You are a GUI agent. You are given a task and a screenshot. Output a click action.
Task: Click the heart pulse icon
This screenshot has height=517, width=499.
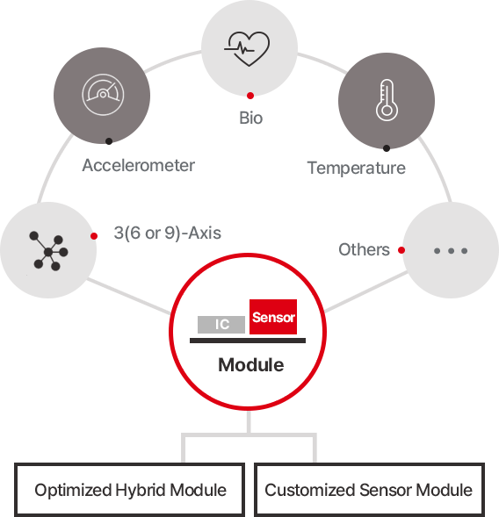pyautogui.click(x=247, y=49)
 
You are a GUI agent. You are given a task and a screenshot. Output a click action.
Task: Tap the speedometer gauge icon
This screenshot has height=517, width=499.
pyautogui.click(x=103, y=95)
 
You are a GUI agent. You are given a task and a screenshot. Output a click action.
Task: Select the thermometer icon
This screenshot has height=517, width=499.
pyautogui.click(x=387, y=100)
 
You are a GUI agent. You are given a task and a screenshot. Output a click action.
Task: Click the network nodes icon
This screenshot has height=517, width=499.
pyautogui.click(x=48, y=251)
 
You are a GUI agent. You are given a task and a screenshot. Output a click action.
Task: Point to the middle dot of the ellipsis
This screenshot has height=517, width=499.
pyautogui.click(x=451, y=251)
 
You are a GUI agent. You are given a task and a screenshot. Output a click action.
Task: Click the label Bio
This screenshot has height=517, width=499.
pyautogui.click(x=251, y=118)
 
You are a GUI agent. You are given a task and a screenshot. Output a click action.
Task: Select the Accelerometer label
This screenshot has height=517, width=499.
pyautogui.click(x=138, y=165)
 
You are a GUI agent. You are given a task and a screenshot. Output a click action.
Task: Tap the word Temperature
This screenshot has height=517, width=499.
pyautogui.click(x=357, y=168)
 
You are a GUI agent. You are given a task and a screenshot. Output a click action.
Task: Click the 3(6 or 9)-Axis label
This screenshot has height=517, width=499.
pyautogui.click(x=167, y=233)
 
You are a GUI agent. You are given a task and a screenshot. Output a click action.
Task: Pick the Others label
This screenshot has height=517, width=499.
pyautogui.click(x=364, y=249)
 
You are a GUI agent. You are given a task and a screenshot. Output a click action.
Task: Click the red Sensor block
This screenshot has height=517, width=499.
pyautogui.click(x=273, y=317)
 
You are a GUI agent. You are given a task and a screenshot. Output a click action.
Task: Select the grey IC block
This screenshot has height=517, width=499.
pyautogui.click(x=221, y=325)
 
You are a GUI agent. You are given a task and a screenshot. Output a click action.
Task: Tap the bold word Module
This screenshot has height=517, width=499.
pyautogui.click(x=251, y=365)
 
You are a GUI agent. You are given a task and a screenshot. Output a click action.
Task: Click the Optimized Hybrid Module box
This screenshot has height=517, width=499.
pyautogui.click(x=130, y=490)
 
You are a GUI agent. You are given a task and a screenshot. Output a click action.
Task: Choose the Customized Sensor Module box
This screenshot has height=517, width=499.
pyautogui.click(x=369, y=490)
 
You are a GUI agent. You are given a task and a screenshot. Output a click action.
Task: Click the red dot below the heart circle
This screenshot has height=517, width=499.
pyautogui.click(x=250, y=96)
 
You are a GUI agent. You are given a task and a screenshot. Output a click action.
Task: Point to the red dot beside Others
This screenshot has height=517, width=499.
pyautogui.click(x=401, y=250)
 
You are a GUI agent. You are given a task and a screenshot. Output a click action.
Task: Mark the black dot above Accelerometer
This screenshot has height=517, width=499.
pyautogui.click(x=109, y=141)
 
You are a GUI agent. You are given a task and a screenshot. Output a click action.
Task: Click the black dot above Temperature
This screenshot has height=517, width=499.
pyautogui.click(x=387, y=148)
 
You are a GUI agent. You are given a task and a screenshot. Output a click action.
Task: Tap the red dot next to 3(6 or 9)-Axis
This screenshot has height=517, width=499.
pyautogui.click(x=94, y=236)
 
